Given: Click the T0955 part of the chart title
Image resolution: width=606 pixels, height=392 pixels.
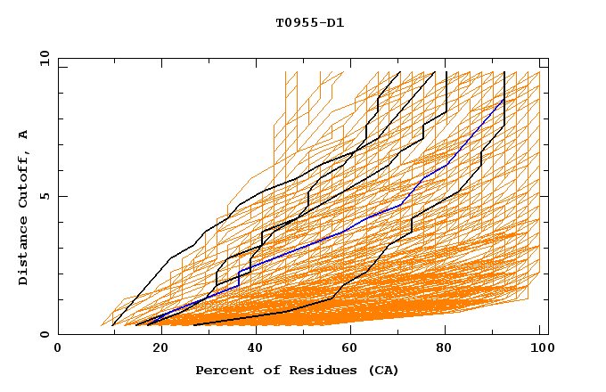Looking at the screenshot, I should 292,22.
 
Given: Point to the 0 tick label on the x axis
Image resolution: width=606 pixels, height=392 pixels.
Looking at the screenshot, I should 58,349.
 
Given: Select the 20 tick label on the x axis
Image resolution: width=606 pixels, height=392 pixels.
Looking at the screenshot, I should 154,349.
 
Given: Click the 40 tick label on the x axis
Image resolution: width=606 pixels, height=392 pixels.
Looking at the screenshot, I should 250,349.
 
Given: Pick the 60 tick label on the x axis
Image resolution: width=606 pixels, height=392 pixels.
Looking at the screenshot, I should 347,349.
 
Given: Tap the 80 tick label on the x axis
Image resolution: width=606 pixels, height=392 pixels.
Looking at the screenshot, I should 443,349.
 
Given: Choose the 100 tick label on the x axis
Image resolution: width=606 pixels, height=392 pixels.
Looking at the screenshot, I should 538,349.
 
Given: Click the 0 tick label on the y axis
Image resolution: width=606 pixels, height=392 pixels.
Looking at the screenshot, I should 45,334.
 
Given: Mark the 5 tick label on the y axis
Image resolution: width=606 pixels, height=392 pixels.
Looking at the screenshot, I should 45,196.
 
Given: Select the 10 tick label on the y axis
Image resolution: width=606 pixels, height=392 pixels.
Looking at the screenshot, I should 41,58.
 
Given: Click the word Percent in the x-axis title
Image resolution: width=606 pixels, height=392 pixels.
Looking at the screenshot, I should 221,370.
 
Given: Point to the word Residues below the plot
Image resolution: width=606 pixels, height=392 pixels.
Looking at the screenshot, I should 313,370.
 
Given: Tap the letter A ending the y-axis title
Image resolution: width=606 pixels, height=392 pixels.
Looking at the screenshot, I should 23,135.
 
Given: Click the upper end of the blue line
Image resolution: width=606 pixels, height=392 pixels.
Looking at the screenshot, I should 504,99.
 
